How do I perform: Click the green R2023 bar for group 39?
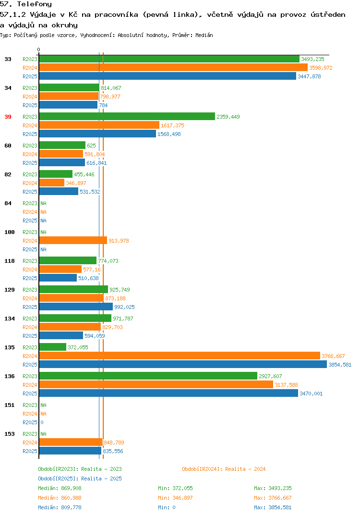pyautogui.click(x=127, y=116)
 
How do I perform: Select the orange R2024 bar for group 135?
pyautogui.click(x=180, y=356)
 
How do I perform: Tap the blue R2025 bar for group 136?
pyautogui.click(x=168, y=393)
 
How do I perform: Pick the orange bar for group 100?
pyautogui.click(x=73, y=241)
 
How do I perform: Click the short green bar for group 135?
pyautogui.click(x=53, y=347)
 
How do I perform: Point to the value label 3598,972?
pyautogui.click(x=321, y=68)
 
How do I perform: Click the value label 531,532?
pyautogui.click(x=90, y=192)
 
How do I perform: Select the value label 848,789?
pyautogui.click(x=114, y=442)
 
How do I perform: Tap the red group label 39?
pyautogui.click(x=8, y=117)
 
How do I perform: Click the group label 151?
pyautogui.click(x=10, y=405)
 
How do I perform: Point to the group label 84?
pyautogui.click(x=8, y=203)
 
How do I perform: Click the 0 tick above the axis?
pyautogui.click(x=38, y=49)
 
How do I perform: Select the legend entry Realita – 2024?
pyautogui.click(x=224, y=469)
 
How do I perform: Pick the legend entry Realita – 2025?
pyautogui.click(x=80, y=479)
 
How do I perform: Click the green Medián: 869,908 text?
pyautogui.click(x=60, y=488)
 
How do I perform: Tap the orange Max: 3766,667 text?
pyautogui.click(x=273, y=498)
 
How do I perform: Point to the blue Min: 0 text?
pyautogui.click(x=167, y=507)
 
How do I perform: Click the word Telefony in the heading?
pyautogui.click(x=34, y=4)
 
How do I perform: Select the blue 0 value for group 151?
pyautogui.click(x=42, y=422)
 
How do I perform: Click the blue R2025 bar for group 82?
pyautogui.click(x=59, y=192)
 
